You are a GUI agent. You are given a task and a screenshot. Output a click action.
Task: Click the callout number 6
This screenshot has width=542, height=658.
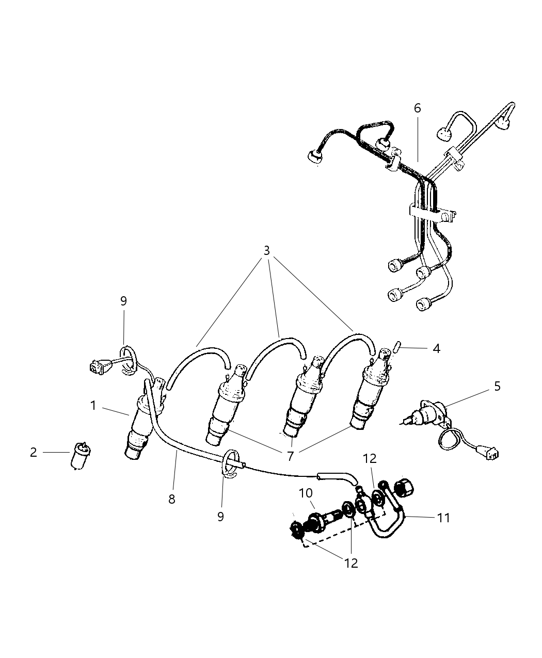(x=417, y=108)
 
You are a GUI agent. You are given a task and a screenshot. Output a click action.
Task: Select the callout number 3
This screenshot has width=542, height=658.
(x=266, y=251)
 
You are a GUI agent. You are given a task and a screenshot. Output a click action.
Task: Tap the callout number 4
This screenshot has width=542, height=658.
(x=436, y=349)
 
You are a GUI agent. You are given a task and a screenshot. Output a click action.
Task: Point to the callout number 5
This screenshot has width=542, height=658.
(x=497, y=386)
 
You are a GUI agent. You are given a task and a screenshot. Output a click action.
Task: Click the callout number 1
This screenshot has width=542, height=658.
(x=93, y=406)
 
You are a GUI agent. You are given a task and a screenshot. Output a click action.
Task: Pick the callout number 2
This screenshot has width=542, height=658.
(x=34, y=453)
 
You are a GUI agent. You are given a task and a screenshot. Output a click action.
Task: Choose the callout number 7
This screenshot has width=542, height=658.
(x=290, y=456)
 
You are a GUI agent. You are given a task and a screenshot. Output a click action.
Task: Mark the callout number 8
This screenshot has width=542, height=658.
(x=172, y=499)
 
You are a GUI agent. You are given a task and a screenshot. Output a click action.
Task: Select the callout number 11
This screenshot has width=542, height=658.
(x=444, y=517)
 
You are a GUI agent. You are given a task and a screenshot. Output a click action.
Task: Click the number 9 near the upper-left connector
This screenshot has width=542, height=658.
(x=123, y=301)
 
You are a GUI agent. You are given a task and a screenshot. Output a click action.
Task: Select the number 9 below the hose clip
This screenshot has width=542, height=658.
(x=220, y=517)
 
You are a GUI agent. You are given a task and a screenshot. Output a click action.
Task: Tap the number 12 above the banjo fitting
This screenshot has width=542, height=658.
(x=370, y=458)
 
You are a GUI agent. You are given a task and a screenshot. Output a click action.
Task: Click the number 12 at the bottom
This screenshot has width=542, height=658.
(x=351, y=563)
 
